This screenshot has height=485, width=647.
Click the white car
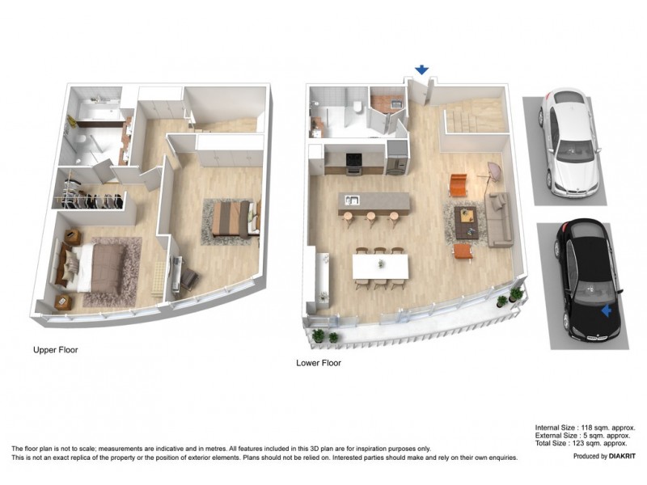tap(570, 144)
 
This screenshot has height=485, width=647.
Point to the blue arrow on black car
tap(607, 310)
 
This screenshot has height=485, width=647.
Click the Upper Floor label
tap(55, 350)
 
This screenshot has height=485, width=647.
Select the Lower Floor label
tap(318, 363)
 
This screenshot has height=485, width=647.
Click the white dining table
tap(379, 267)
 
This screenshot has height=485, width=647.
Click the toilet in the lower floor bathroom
tap(357, 106)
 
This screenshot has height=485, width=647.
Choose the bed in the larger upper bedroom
tap(93, 267)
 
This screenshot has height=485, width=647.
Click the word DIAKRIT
tap(617, 457)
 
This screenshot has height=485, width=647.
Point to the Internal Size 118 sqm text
tap(585, 428)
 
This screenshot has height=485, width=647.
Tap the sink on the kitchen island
tap(353, 199)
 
